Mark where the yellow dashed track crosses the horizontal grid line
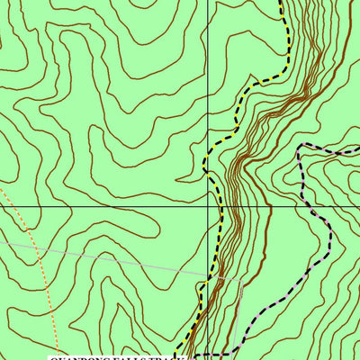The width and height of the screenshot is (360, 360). (220, 205)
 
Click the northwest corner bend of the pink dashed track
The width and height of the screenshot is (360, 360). (301, 145)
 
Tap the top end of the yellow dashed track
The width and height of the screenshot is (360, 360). (280, 2)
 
